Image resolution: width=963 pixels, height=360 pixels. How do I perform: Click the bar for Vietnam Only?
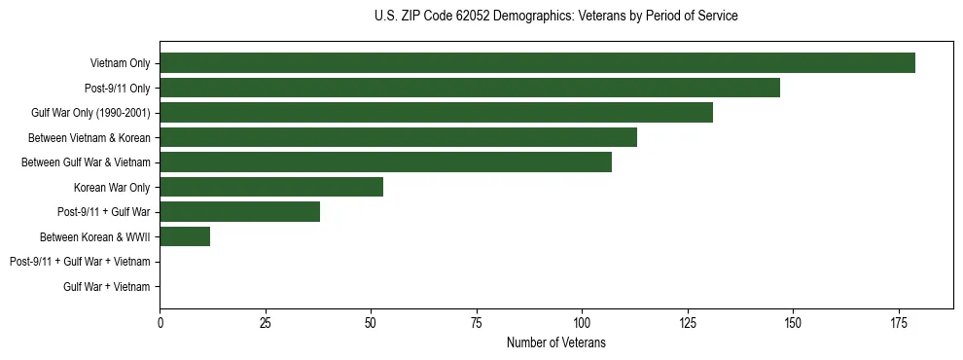click(537, 63)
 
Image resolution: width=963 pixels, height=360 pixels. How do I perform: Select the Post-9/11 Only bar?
click(470, 88)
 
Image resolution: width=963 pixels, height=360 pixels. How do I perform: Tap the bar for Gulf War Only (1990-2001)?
click(436, 113)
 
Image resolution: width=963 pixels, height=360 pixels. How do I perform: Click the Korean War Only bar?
click(271, 187)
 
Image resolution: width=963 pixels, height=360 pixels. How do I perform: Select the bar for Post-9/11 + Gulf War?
click(239, 212)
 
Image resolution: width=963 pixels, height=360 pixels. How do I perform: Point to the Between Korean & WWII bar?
click(185, 236)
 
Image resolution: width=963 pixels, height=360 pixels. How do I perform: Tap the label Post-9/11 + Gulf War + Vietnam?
click(80, 262)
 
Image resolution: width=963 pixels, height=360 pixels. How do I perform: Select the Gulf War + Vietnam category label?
click(107, 286)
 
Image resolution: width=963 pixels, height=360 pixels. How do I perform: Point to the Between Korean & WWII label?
click(95, 236)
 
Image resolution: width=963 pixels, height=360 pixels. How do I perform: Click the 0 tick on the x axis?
click(160, 323)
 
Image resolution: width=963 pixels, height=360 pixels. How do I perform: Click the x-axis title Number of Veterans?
click(555, 342)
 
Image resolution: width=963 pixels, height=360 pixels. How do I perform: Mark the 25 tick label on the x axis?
click(266, 323)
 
